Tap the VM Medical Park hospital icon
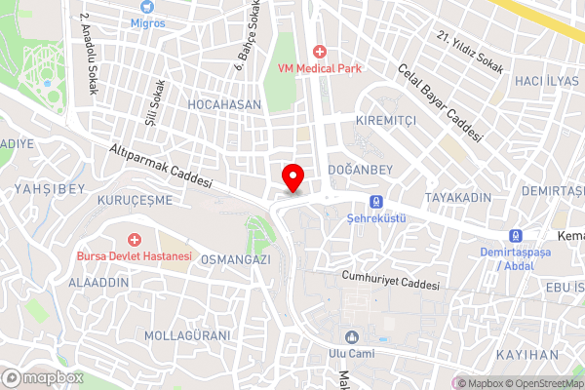tap(318, 51)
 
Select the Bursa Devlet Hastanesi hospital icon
tap(135, 240)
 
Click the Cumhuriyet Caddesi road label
tap(390, 281)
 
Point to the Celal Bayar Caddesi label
tap(440, 102)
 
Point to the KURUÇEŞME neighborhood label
tap(135, 199)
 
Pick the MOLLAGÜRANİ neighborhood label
tap(188, 335)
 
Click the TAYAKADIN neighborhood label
tap(459, 197)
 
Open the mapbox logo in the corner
tap(43, 377)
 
